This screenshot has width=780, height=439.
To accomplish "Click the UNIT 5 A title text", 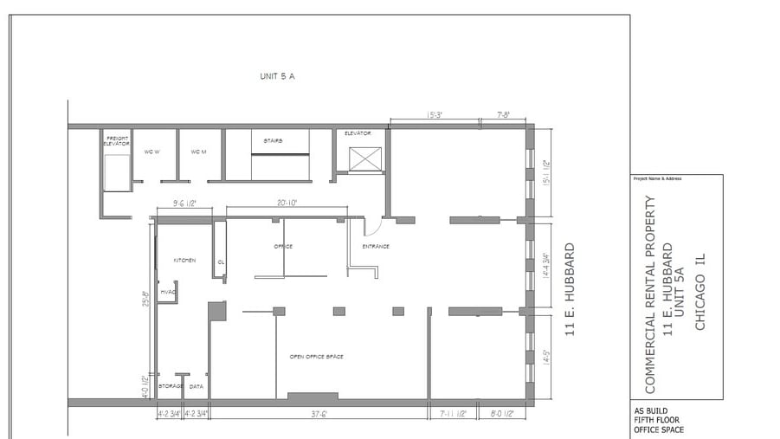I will (x=278, y=76).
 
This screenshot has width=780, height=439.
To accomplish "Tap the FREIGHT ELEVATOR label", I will (x=117, y=140).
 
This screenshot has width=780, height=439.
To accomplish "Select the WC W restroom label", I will (x=151, y=152).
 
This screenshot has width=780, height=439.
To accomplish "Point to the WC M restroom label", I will (x=198, y=152).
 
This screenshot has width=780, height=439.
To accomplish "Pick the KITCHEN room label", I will (x=185, y=260).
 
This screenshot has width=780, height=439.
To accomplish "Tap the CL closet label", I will (x=221, y=261).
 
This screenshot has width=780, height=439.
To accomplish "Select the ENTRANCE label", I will (x=376, y=247).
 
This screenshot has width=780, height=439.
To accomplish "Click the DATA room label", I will (x=197, y=386).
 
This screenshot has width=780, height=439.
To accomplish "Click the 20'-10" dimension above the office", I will (x=288, y=203).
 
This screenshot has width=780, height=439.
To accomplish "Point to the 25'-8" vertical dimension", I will (x=146, y=299).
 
